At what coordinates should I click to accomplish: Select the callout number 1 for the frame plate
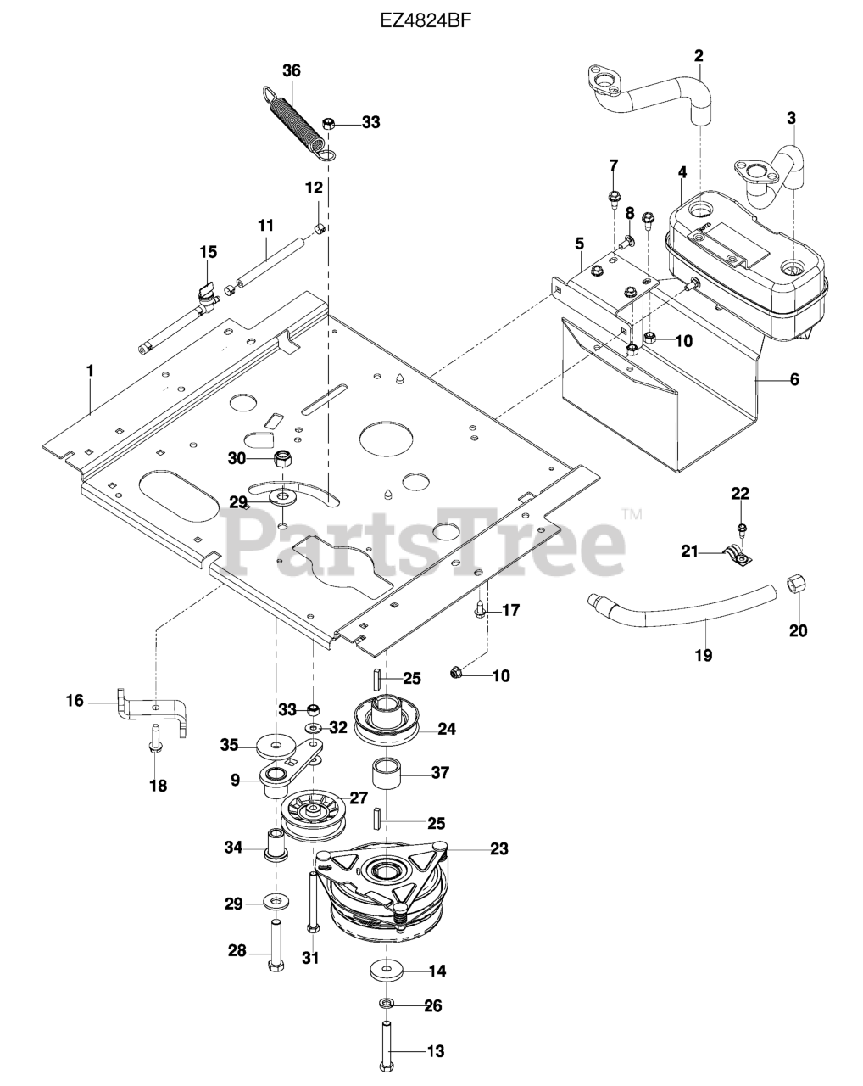tap(90, 370)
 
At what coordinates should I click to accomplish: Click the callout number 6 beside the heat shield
tap(794, 379)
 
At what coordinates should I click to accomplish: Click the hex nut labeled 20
tap(796, 585)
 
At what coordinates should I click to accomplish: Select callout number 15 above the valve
tap(208, 252)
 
